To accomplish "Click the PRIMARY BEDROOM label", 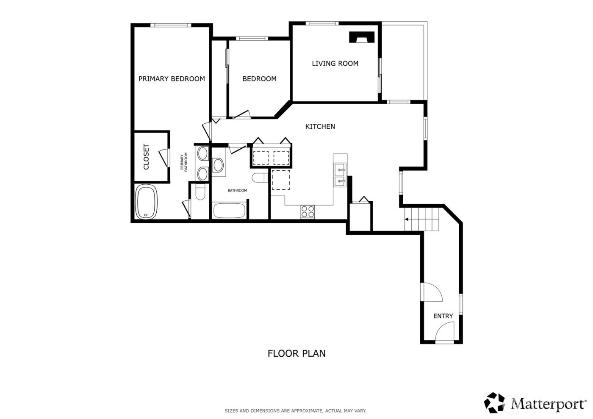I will (x=172, y=79).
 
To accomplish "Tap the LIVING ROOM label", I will (x=335, y=64).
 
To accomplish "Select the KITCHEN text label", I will (x=320, y=127).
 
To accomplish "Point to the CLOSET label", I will (x=147, y=157).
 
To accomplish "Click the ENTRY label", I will (x=443, y=316).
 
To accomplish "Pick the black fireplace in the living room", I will (x=362, y=38).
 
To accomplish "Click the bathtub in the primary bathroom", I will (x=146, y=202).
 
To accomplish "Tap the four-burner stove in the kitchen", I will (x=308, y=211).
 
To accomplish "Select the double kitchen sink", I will (x=340, y=175).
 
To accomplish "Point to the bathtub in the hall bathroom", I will (x=229, y=211).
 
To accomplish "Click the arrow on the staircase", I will (x=407, y=219).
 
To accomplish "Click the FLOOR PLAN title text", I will (x=296, y=353).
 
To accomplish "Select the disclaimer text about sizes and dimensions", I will (x=295, y=411).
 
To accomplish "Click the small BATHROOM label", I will (x=237, y=191).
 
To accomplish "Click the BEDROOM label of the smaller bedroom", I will (x=259, y=79).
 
